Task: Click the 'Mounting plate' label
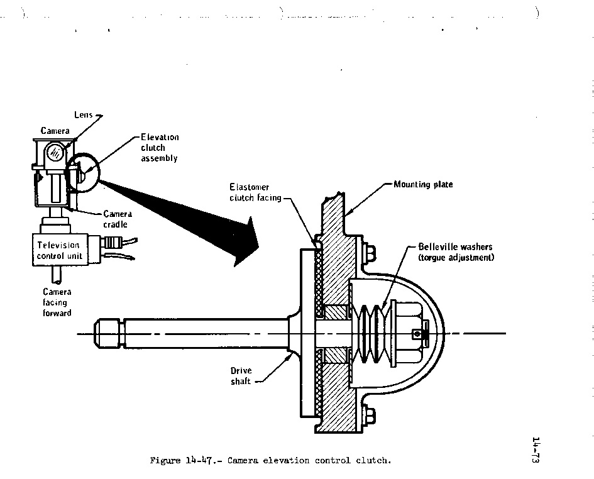[423, 185]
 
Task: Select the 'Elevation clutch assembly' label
[159, 148]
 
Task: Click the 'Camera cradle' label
[117, 219]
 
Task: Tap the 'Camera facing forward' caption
[57, 302]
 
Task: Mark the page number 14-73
[536, 450]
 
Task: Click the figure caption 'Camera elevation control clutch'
[270, 461]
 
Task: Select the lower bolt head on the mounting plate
[370, 415]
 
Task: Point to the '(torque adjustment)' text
[456, 258]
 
